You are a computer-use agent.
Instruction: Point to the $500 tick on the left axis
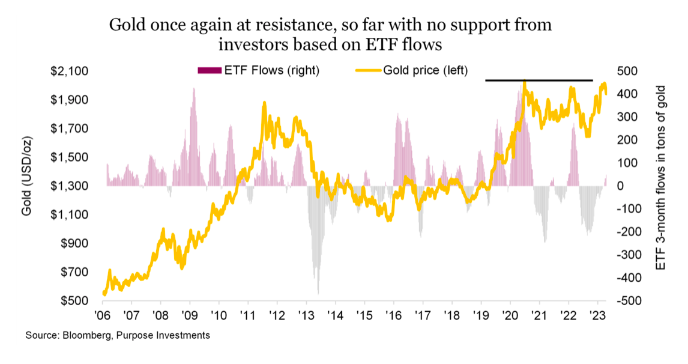click(76, 301)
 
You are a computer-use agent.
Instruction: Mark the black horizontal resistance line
click(539, 80)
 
